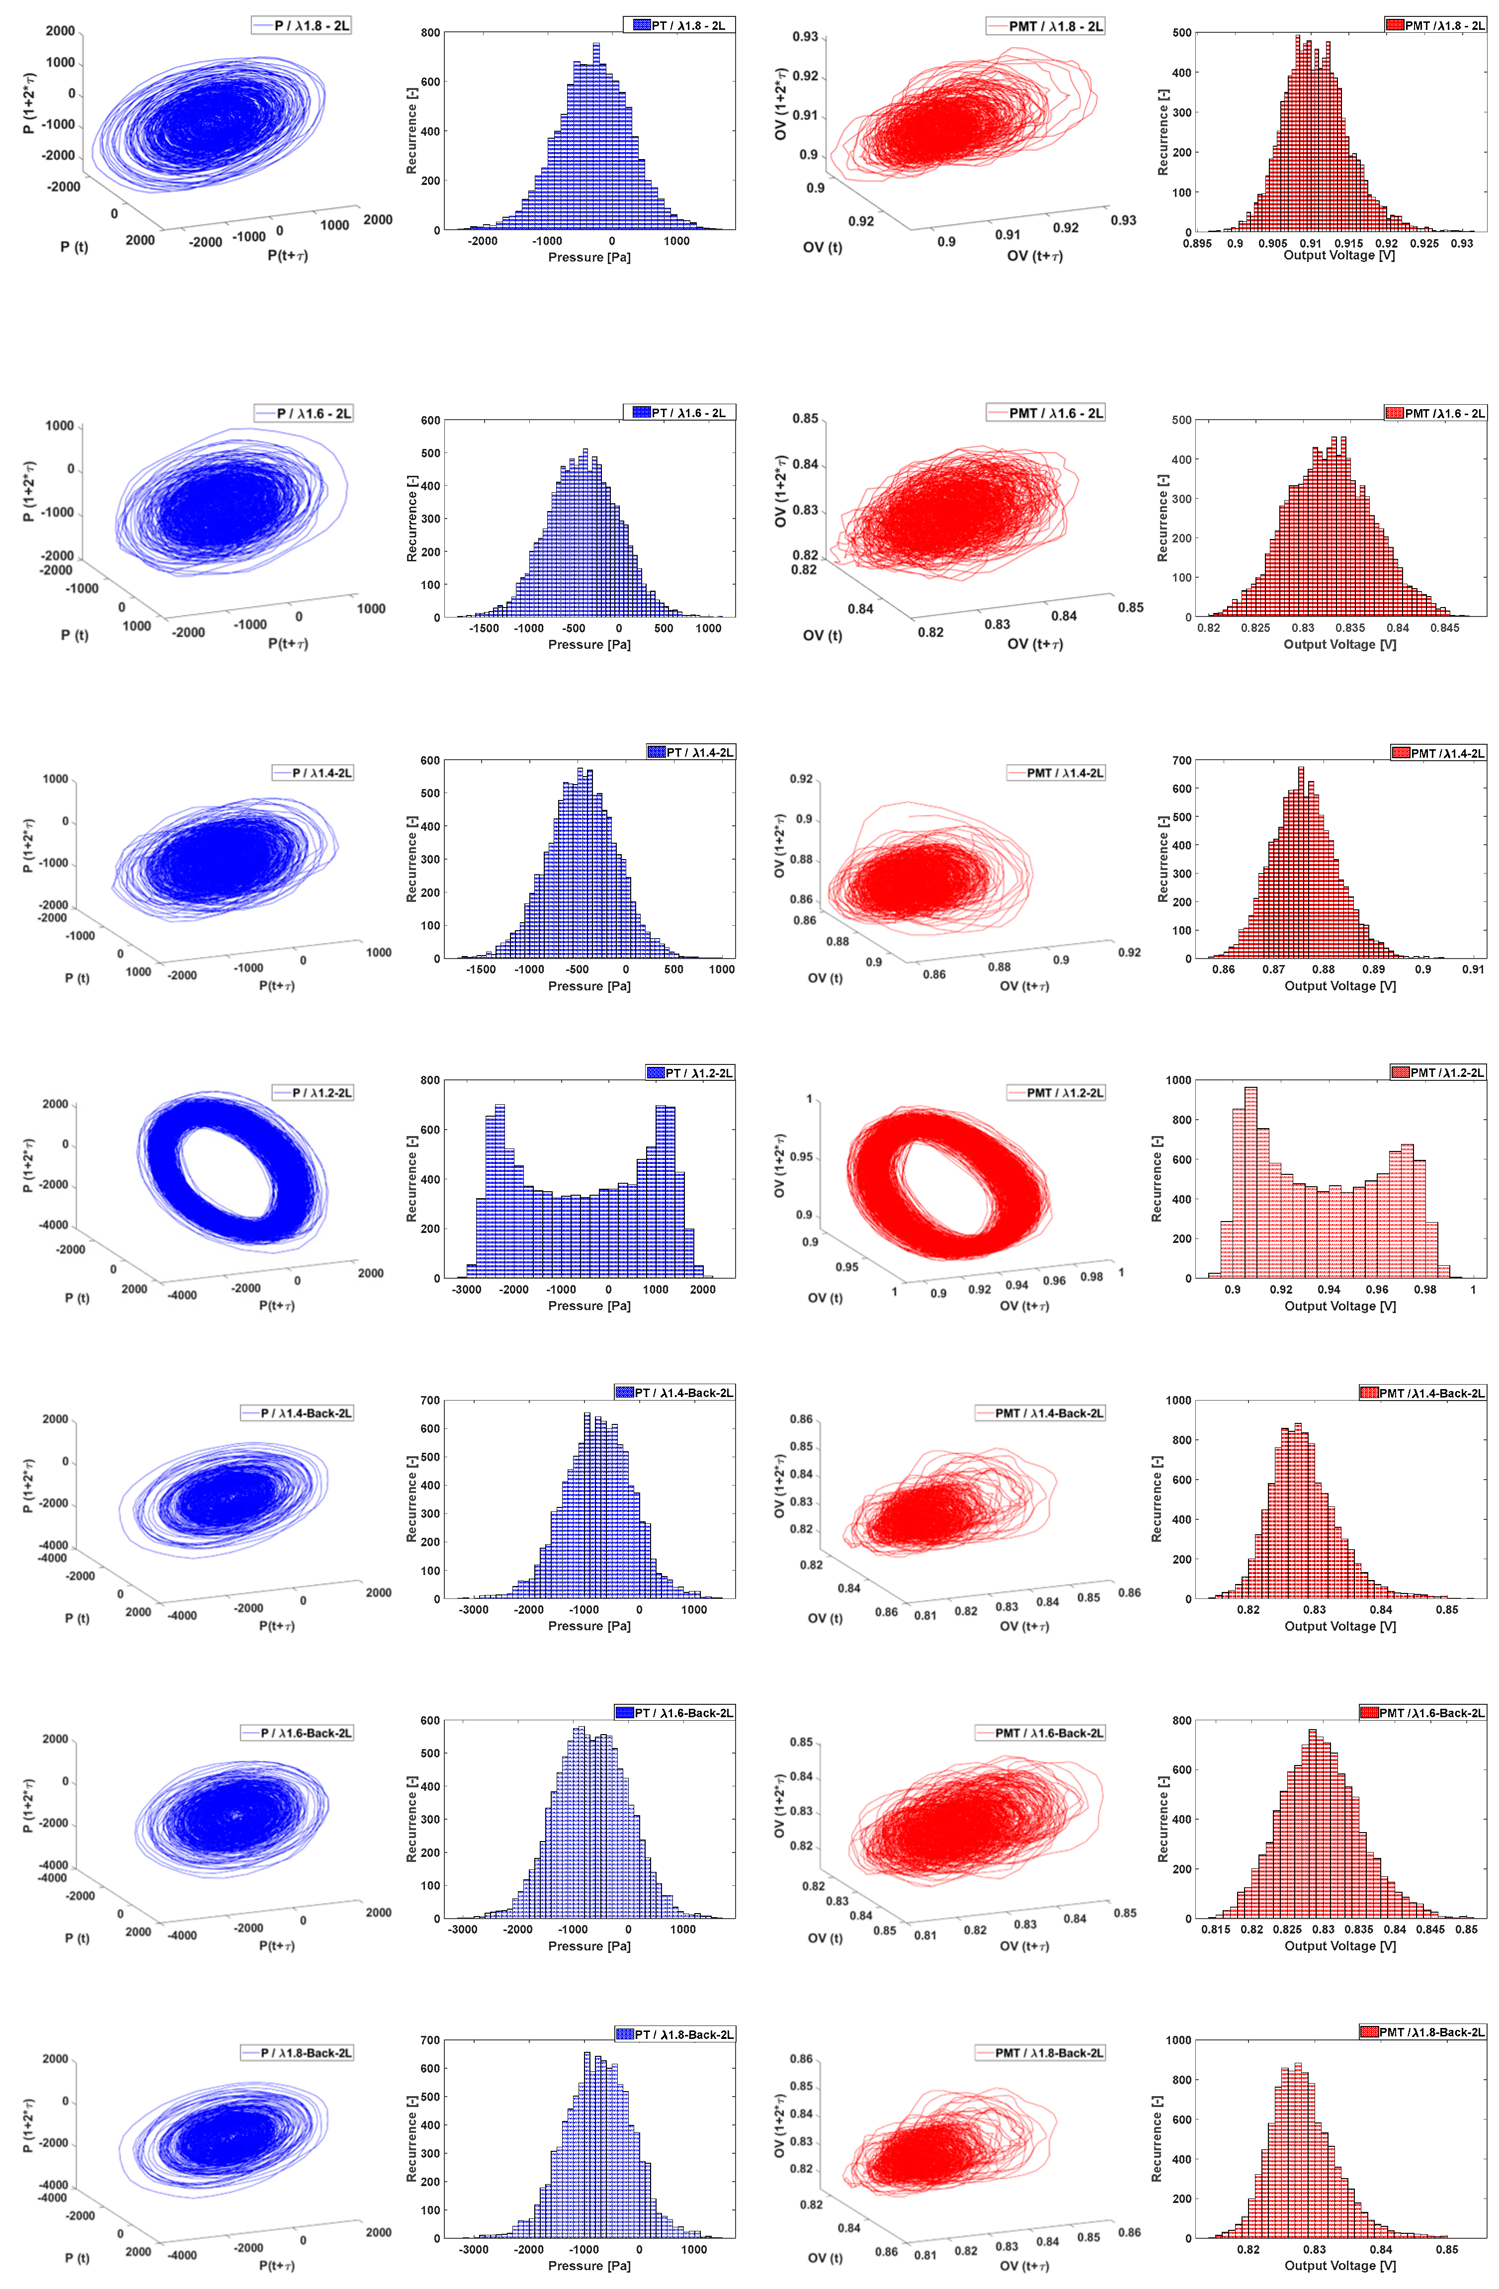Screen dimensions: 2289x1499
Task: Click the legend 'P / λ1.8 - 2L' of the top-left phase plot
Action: (x=301, y=26)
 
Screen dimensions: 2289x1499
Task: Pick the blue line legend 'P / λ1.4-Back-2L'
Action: (x=297, y=1413)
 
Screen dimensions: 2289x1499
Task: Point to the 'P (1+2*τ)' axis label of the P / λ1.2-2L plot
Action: (x=29, y=1166)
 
